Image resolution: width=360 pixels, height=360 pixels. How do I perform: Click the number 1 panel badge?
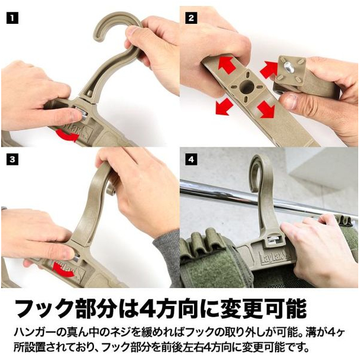click(x=12, y=18)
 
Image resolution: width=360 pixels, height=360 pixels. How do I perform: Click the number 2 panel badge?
click(x=191, y=18)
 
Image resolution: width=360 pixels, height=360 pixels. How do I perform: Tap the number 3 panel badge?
click(x=12, y=159)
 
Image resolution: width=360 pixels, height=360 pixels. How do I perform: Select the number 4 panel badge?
click(x=191, y=159)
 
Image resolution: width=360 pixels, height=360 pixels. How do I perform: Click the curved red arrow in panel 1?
click(x=68, y=135)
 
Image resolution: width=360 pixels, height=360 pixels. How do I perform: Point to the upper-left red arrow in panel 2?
click(x=227, y=64)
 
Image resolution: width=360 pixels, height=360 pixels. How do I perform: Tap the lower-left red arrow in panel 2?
click(x=224, y=106)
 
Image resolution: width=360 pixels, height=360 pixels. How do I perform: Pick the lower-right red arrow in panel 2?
click(x=266, y=109)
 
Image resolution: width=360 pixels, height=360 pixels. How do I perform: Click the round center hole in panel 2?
click(x=247, y=87)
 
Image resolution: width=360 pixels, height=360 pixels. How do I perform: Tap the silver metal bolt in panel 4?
click(x=275, y=239)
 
